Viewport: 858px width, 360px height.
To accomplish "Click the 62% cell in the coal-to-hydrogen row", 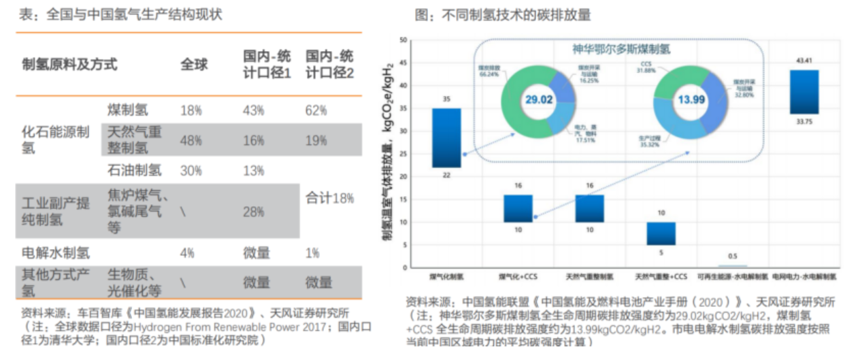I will [x=316, y=110].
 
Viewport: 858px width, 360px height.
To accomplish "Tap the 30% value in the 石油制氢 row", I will [x=191, y=170].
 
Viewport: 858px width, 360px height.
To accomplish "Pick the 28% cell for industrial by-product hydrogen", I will [x=254, y=212].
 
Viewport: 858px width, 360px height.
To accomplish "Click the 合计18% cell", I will [x=329, y=198].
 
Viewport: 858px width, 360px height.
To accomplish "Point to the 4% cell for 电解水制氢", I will [x=187, y=252].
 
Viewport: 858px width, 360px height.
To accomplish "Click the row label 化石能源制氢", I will [x=56, y=140].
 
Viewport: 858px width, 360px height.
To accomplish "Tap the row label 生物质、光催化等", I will [x=135, y=282].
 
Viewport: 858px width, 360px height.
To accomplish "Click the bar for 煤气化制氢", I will [x=446, y=137].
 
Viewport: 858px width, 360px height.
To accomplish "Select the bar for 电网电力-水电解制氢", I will [x=804, y=92].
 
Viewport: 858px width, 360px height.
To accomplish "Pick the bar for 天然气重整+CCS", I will [x=661, y=233].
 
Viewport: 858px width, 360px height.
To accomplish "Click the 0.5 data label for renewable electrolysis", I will [x=732, y=256].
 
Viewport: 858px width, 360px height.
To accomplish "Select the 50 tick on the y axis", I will [x=403, y=40].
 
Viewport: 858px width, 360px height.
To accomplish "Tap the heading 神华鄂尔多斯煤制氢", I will [x=621, y=49].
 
